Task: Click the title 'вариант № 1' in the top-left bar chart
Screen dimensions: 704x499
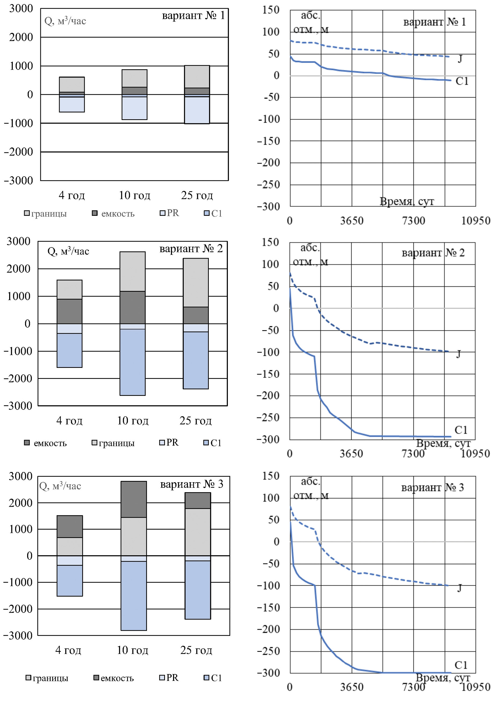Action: tap(193, 15)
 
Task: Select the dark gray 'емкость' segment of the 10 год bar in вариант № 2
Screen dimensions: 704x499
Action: tap(132, 307)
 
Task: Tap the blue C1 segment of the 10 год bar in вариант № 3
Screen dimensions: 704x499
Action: tap(134, 596)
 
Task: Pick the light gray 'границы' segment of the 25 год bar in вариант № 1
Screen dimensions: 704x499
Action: tap(197, 77)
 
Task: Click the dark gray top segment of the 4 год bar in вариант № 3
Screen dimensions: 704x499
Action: tap(70, 526)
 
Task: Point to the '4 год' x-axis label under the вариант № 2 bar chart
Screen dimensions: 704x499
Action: tap(69, 420)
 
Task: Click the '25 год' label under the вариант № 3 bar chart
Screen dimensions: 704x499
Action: tap(196, 650)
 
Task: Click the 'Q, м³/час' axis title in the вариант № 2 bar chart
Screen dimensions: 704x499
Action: tap(68, 251)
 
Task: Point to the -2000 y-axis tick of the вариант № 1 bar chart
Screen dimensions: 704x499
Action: tap(19, 152)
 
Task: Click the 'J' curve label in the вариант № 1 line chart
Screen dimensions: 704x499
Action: tap(460, 58)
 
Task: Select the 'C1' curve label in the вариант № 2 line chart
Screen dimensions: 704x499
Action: tap(461, 430)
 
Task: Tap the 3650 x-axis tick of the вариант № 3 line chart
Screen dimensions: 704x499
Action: tap(351, 687)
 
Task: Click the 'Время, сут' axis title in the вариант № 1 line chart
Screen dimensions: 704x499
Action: tap(407, 201)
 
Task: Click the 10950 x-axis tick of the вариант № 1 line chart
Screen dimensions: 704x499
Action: tap(476, 221)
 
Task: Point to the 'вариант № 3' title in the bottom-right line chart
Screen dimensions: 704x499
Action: tap(433, 487)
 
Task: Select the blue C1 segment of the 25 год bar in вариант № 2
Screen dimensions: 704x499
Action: tap(196, 360)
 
